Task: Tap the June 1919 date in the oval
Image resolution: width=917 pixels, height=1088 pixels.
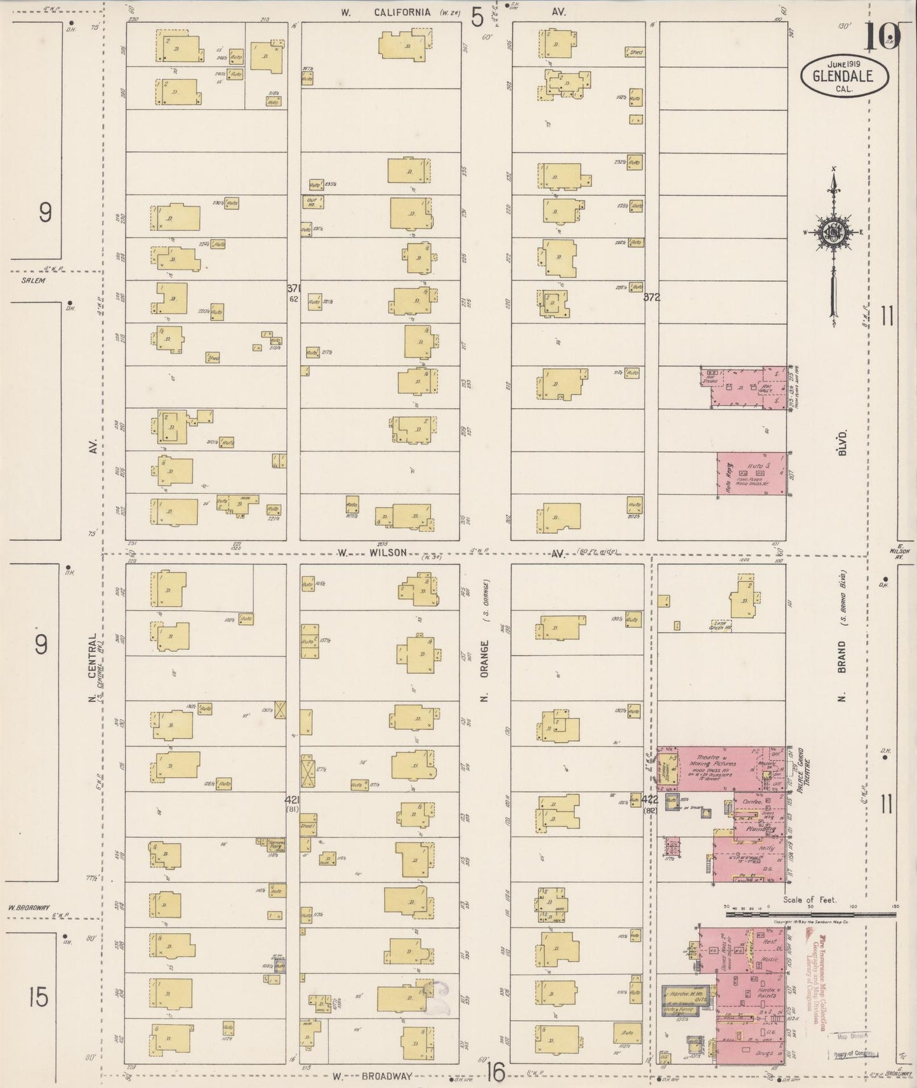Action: [843, 65]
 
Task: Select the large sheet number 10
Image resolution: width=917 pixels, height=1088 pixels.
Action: [882, 37]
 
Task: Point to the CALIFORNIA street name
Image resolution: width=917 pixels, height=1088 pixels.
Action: [402, 12]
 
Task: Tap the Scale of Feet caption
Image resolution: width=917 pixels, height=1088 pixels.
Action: [810, 899]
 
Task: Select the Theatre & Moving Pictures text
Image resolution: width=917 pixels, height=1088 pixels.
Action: [716, 760]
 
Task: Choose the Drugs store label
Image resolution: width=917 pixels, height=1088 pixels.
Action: [764, 1053]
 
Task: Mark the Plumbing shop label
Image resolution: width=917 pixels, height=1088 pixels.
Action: [761, 829]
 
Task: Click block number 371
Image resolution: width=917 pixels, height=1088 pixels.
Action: [293, 288]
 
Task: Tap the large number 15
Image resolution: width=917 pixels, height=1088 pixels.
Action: [38, 997]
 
